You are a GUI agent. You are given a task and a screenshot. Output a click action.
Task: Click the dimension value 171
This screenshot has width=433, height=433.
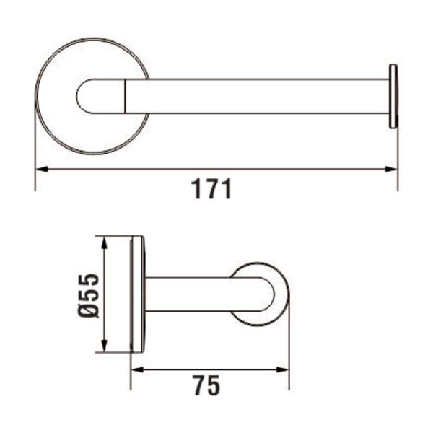[x=211, y=189]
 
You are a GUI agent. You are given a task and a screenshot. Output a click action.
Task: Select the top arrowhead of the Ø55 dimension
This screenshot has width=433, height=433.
[x=106, y=241]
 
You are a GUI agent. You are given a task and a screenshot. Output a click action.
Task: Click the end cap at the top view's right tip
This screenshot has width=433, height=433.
[x=393, y=96]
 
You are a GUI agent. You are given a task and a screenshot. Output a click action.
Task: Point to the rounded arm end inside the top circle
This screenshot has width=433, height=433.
[x=85, y=97]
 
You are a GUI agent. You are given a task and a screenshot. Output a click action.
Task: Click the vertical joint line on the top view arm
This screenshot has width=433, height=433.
[x=127, y=97]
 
